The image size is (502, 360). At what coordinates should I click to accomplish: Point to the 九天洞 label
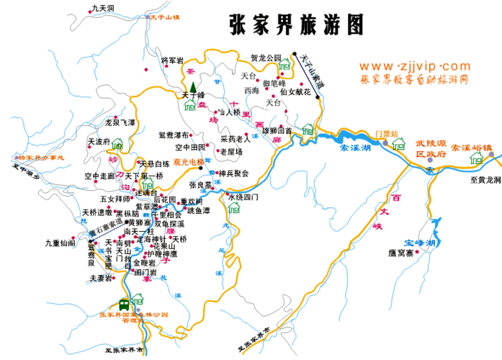(103, 8)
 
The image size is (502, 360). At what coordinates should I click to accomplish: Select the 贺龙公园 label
(266, 58)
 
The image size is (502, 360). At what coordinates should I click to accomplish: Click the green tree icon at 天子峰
(193, 88)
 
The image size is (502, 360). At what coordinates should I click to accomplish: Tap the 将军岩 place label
(172, 60)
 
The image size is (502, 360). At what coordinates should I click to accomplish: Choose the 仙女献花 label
(295, 92)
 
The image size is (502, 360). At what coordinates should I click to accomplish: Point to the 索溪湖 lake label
(354, 148)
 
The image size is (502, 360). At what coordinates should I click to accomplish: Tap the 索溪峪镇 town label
(474, 148)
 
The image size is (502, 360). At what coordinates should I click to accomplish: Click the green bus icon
(124, 304)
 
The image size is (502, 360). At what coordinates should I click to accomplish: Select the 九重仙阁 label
(60, 243)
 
